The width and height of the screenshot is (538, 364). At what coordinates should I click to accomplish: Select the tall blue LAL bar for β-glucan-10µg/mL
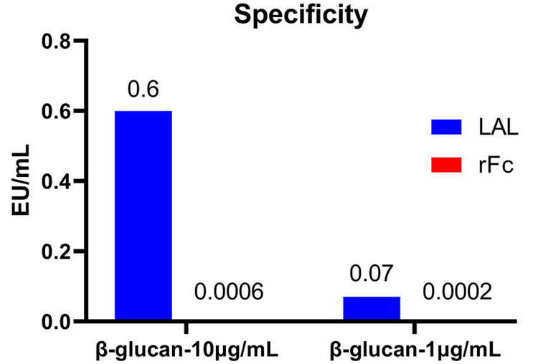(x=143, y=215)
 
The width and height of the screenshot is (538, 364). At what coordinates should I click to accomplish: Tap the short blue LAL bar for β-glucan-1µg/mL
(x=371, y=308)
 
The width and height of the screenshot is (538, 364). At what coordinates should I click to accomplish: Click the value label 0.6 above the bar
(x=143, y=90)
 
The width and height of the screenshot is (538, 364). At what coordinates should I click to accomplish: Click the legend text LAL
(x=496, y=127)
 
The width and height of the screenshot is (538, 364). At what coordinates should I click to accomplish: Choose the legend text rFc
(x=495, y=166)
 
